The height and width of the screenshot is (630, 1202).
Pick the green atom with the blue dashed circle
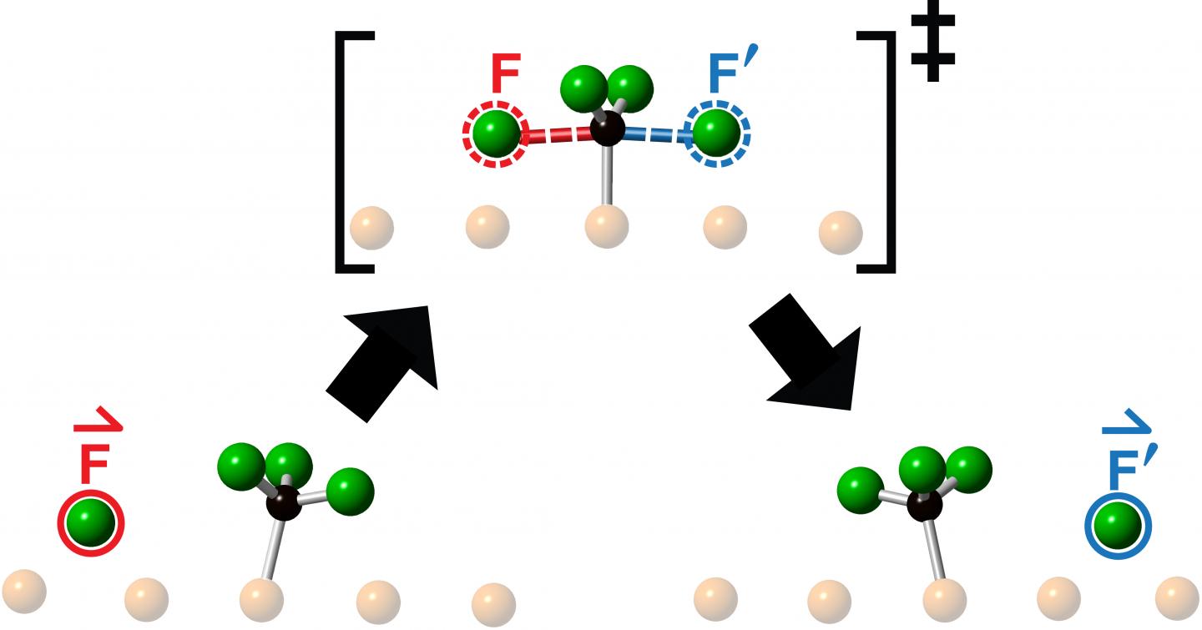[x=716, y=131]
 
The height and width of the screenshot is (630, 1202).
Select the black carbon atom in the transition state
[x=607, y=130]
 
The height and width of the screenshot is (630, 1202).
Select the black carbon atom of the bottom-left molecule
[x=285, y=503]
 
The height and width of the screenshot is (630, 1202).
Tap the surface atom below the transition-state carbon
[x=607, y=226]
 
